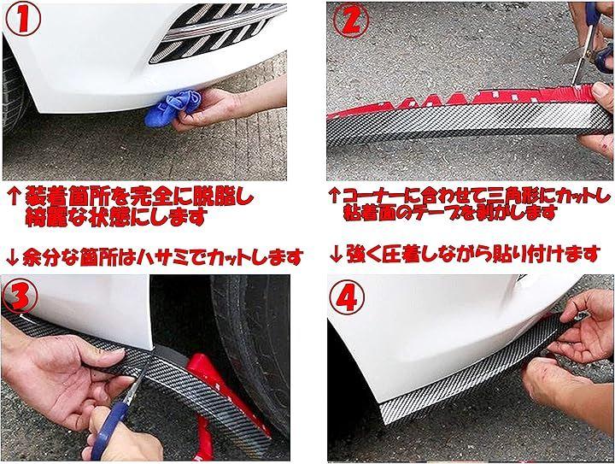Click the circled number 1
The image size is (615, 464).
click(23, 20)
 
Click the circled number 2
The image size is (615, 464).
click(351, 20)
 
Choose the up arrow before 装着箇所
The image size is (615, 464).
click(15, 197)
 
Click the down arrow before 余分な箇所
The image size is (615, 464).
click(13, 257)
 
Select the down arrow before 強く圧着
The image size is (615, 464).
click(336, 255)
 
